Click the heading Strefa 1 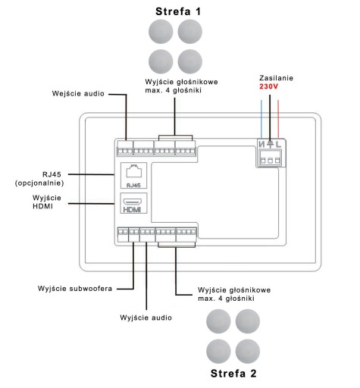click(x=178, y=11)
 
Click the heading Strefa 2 click(x=233, y=374)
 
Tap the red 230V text click(x=268, y=86)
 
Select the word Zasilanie click(x=276, y=78)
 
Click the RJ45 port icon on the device click(x=134, y=171)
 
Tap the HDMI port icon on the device click(x=133, y=202)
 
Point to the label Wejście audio click(x=78, y=94)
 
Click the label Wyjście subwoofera click(x=75, y=289)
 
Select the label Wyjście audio click(x=146, y=318)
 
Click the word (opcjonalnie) click(x=39, y=183)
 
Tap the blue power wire click(x=261, y=119)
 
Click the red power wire click(x=278, y=119)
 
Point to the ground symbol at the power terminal click(x=270, y=144)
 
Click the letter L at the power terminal click(x=278, y=144)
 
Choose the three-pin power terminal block click(x=270, y=158)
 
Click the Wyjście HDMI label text click(x=47, y=202)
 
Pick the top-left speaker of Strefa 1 click(x=161, y=32)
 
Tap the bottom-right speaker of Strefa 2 click(x=248, y=351)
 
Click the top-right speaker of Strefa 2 click(x=248, y=321)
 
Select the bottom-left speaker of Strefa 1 click(x=161, y=61)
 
